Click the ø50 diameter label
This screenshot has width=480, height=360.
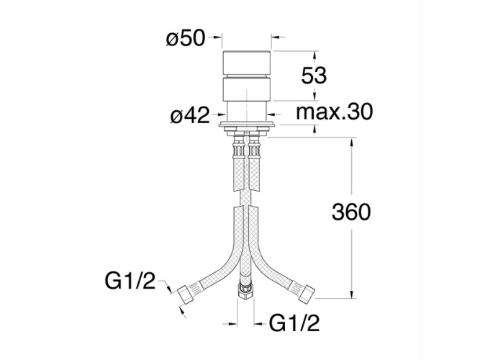tap(186, 38)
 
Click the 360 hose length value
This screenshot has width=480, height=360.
tap(350, 212)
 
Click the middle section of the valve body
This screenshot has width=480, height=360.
tap(247, 90)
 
